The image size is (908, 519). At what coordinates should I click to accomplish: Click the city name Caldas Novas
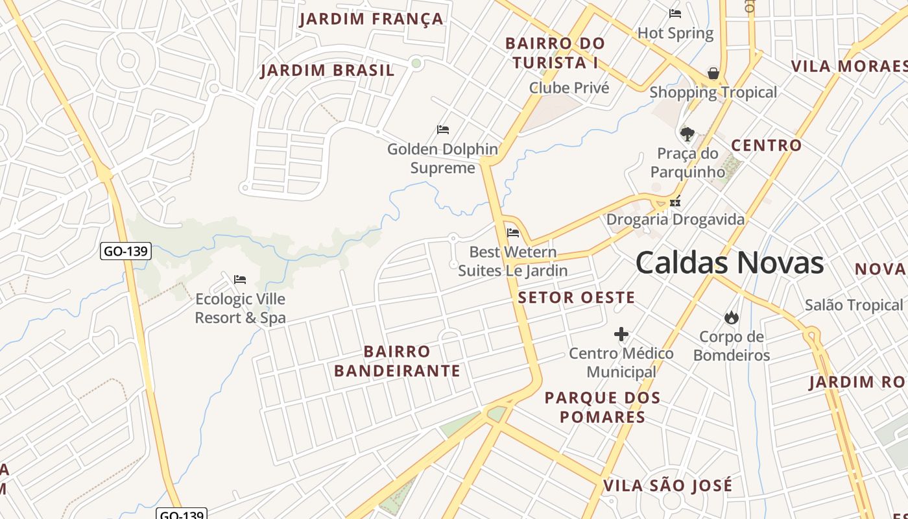pos(730,263)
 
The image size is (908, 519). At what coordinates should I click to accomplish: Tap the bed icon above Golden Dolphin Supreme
pos(443,130)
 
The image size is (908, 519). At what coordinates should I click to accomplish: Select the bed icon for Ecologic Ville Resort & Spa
pos(240,280)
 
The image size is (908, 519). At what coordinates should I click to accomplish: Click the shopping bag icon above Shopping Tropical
pos(713,73)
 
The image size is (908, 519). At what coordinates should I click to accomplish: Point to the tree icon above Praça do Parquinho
pos(687,134)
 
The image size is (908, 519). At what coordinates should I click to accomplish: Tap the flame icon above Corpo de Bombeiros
pos(732,317)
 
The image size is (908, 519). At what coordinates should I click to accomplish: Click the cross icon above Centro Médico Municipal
pos(621,334)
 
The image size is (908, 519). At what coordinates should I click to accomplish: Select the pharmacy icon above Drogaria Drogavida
pos(675,201)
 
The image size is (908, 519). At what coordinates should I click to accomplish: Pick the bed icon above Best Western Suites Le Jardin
pos(513,233)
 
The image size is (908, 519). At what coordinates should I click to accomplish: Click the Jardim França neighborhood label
pos(371,19)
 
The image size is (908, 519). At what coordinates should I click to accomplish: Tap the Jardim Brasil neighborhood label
pos(328,70)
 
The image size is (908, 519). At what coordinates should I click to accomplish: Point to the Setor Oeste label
pos(577,298)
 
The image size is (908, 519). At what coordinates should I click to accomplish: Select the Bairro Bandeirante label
pos(397,361)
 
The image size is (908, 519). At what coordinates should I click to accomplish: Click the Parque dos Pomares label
pos(603,407)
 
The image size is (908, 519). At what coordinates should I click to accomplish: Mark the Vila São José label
pos(668,486)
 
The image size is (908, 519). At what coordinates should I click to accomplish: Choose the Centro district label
pos(767,145)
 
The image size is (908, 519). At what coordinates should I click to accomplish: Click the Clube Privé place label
pos(569,88)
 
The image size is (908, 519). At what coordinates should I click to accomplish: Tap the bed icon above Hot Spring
pos(675,14)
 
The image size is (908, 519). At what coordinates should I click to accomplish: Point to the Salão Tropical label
pos(854,305)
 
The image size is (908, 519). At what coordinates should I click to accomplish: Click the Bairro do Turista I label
pos(555,53)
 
